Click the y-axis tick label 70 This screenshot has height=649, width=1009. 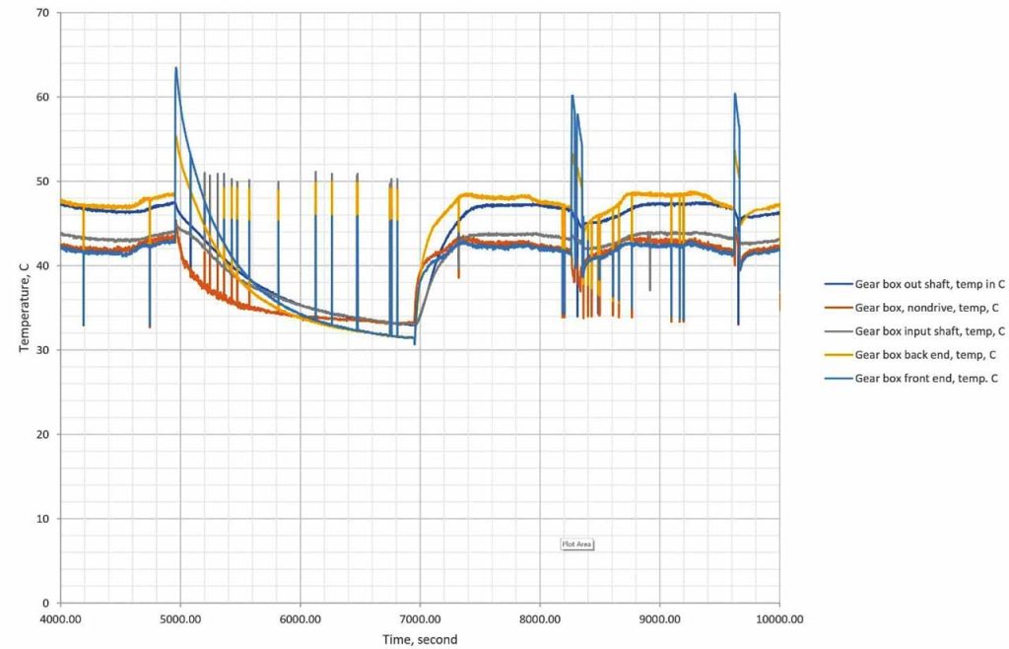tap(42, 13)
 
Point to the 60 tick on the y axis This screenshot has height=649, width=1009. tap(42, 97)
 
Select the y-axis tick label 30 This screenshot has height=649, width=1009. tap(42, 350)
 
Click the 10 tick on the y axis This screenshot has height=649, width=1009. tap(42, 519)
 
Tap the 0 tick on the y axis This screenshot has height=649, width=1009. tap(46, 603)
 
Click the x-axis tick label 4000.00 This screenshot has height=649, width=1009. tap(60, 619)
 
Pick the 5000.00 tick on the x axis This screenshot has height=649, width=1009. tap(180, 619)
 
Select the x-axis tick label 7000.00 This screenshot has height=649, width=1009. tap(420, 619)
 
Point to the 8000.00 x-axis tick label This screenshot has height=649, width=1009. tap(540, 619)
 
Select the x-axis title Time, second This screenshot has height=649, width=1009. tap(420, 639)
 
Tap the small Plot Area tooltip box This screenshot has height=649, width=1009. tap(576, 543)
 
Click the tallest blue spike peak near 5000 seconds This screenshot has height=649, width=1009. tap(176, 68)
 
